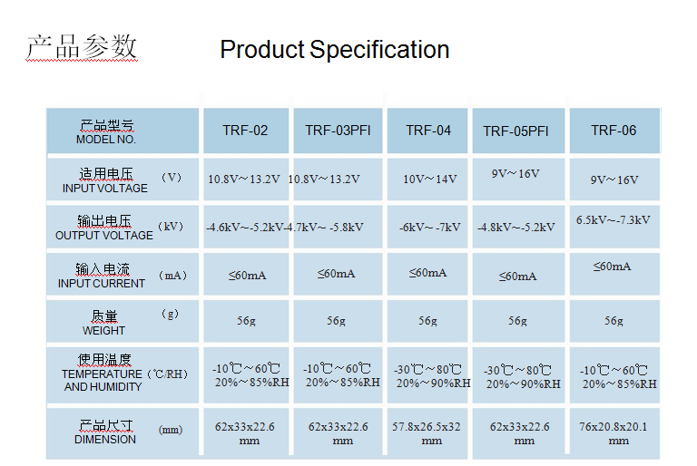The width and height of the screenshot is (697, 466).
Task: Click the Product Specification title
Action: click(335, 49)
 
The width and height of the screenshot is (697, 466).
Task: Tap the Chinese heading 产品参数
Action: click(82, 46)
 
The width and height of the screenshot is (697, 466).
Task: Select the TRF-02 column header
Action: click(245, 131)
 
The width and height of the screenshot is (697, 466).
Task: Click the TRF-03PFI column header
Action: click(338, 131)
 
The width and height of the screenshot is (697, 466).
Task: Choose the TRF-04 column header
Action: click(428, 131)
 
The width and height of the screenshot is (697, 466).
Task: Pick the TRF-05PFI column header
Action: click(515, 131)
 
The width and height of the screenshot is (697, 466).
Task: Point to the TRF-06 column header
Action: click(614, 131)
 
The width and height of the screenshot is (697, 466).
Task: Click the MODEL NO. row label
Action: click(106, 140)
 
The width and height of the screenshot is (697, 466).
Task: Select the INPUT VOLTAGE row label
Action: click(105, 189)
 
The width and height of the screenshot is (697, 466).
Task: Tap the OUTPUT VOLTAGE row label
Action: click(104, 236)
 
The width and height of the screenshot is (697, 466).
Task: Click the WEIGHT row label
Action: click(103, 331)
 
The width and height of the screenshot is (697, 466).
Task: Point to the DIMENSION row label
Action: click(105, 440)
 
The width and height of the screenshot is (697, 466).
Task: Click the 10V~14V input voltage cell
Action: click(430, 179)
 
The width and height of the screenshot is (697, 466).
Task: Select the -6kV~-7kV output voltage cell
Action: click(430, 227)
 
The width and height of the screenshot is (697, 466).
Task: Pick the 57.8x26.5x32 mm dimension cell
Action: click(427, 433)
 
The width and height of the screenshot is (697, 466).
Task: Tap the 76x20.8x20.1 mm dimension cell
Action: click(614, 433)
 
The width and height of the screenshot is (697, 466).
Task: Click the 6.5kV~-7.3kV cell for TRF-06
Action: click(613, 220)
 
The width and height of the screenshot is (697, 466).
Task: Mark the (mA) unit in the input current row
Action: click(172, 276)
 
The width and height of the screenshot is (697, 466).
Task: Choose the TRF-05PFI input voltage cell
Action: click(515, 174)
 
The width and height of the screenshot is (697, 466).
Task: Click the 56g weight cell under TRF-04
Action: click(427, 320)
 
